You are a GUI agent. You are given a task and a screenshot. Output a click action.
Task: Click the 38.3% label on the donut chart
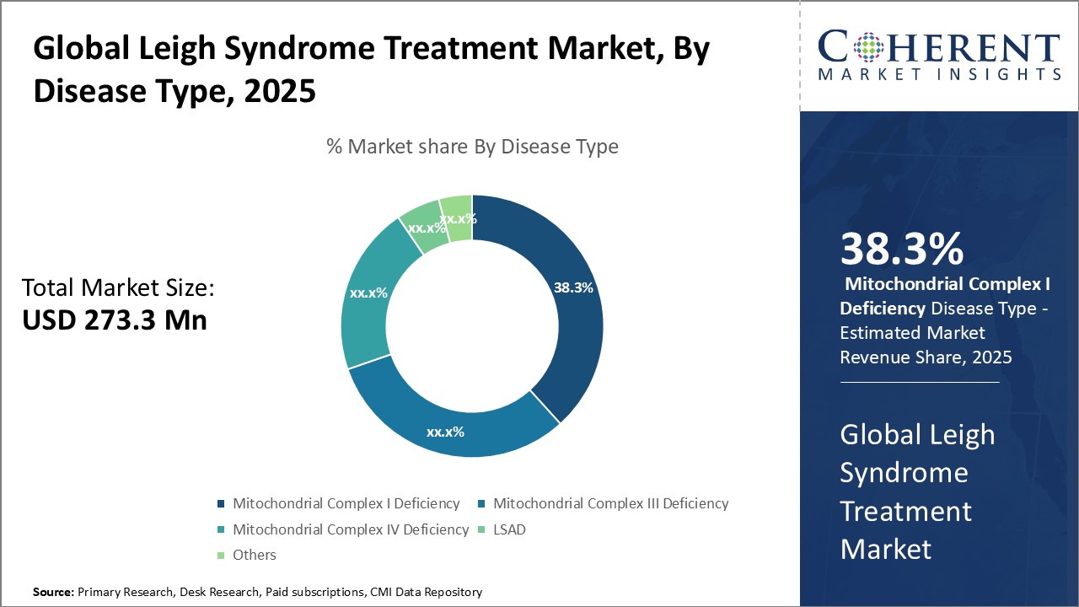(x=573, y=287)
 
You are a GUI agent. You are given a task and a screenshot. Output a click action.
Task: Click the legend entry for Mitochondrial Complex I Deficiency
(x=346, y=503)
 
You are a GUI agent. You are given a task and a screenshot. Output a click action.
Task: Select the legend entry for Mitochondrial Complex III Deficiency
(x=610, y=503)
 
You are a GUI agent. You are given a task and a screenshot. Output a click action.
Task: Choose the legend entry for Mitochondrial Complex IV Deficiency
(x=350, y=529)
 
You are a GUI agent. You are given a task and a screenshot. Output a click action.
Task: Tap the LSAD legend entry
(x=510, y=529)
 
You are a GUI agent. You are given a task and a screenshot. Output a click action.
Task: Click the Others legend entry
(x=254, y=555)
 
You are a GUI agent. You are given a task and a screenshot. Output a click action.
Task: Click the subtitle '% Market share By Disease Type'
(x=472, y=147)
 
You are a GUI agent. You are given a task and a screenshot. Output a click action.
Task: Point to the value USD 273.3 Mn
(x=115, y=320)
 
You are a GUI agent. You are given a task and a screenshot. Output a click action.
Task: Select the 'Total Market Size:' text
(x=119, y=288)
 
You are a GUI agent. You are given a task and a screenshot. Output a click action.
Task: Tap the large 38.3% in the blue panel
(x=901, y=250)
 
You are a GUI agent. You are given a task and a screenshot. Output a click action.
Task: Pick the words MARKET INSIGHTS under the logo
(x=939, y=75)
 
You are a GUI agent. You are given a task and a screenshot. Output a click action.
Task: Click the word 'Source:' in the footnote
(x=53, y=593)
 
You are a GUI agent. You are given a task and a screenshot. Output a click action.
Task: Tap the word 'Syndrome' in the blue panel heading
(x=904, y=472)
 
